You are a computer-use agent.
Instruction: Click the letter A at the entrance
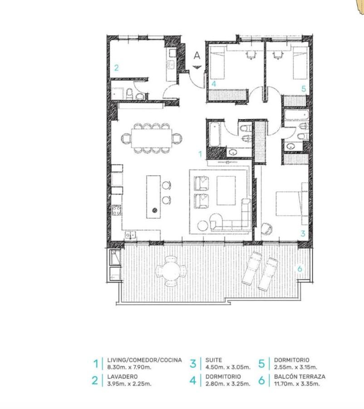click(197, 55)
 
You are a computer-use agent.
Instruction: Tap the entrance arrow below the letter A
click(197, 67)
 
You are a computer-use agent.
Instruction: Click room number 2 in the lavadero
click(116, 68)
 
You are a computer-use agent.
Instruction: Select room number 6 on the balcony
click(300, 269)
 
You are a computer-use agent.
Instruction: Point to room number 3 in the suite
click(303, 233)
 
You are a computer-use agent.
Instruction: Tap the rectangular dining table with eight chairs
click(152, 138)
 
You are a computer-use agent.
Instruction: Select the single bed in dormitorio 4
click(217, 63)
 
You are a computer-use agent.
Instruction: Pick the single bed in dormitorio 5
click(300, 63)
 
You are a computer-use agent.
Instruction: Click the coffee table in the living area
click(226, 191)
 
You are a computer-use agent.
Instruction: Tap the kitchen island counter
click(153, 197)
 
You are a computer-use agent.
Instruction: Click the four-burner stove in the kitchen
click(117, 210)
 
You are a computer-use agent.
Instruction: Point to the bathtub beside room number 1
click(215, 135)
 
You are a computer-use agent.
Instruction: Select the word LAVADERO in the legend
click(122, 377)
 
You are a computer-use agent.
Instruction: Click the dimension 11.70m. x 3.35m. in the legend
click(297, 384)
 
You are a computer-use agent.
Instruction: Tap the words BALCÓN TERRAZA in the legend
click(300, 377)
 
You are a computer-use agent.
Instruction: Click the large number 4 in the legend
click(193, 380)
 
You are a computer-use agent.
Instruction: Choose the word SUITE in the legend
click(214, 360)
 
